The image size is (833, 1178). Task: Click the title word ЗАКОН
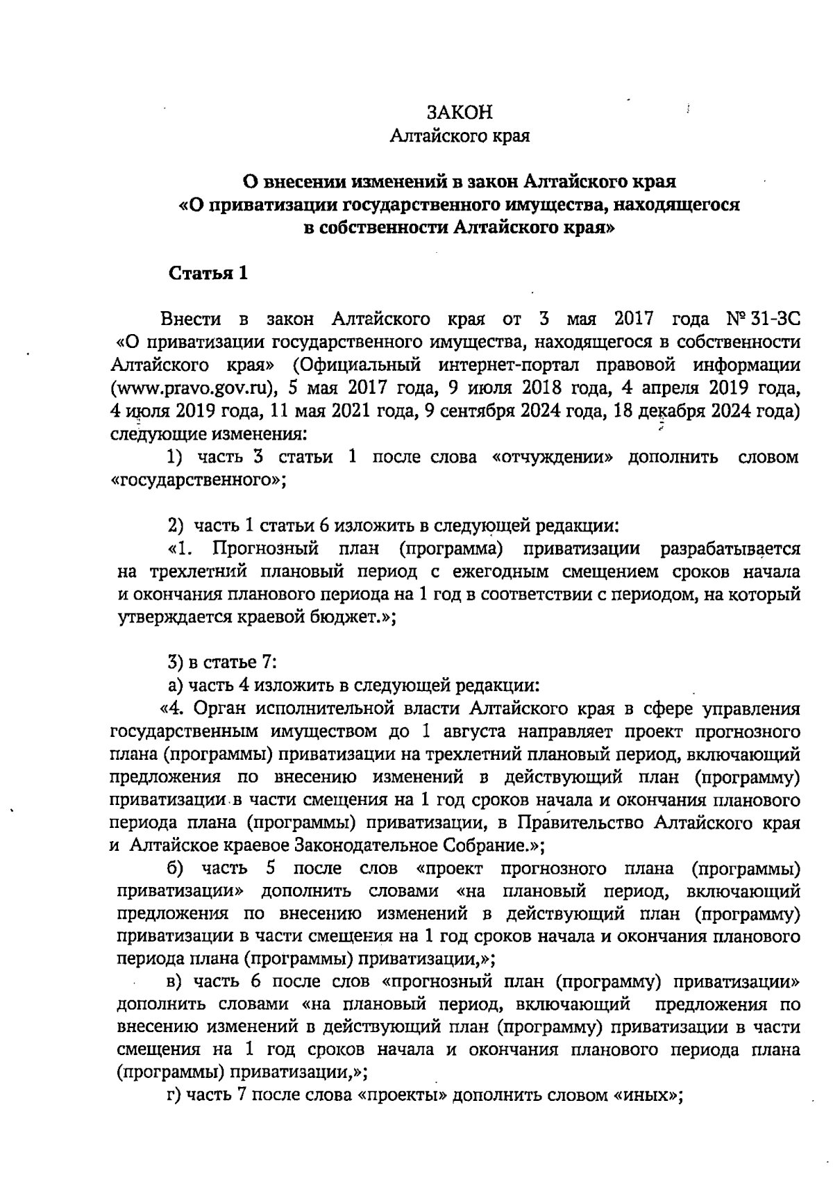pyautogui.click(x=460, y=113)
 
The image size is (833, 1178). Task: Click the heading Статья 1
pyautogui.click(x=209, y=273)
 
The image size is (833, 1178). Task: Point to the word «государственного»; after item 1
pyautogui.click(x=199, y=480)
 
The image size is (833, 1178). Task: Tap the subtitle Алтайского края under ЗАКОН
pyautogui.click(x=460, y=136)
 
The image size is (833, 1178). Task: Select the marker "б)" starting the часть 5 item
pyautogui.click(x=176, y=868)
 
